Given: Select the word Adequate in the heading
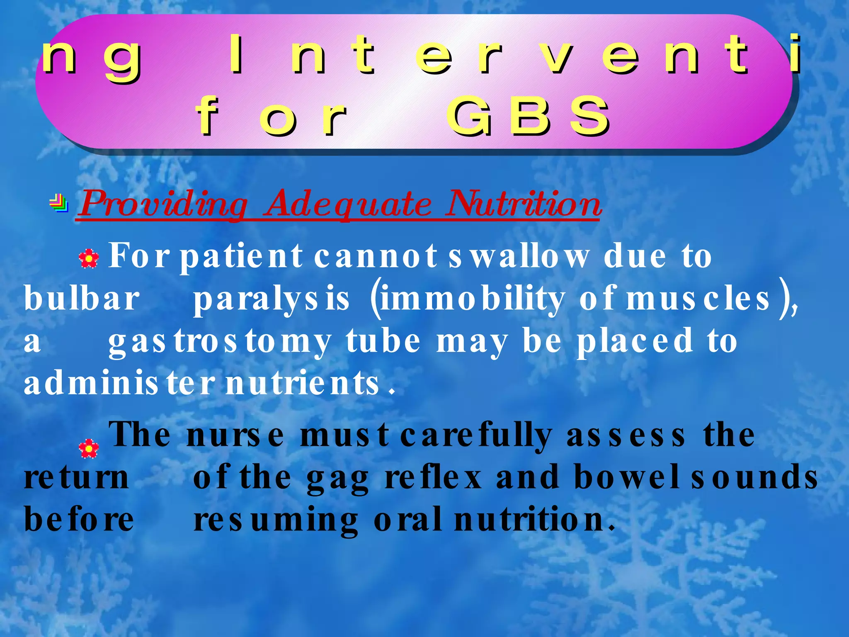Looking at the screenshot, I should (x=348, y=204).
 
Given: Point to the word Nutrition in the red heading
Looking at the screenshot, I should (x=523, y=204).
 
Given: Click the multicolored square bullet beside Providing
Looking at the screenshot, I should (x=59, y=203).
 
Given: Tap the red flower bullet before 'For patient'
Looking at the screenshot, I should (x=89, y=259).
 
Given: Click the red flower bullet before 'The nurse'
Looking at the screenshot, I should (x=89, y=448).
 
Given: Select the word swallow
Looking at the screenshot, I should (x=518, y=256).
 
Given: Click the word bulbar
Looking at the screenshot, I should (x=82, y=299).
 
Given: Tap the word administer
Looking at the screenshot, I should (x=119, y=383).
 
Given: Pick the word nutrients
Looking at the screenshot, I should (x=303, y=383).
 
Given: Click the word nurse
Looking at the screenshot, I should (x=235, y=435).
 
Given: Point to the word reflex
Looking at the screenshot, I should (x=433, y=478).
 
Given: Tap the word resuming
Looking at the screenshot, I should (x=276, y=520).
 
